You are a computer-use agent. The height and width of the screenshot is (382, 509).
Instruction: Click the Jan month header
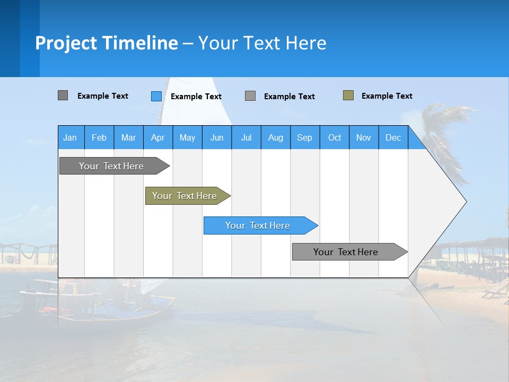pyautogui.click(x=71, y=137)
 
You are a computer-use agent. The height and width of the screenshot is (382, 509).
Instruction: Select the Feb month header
pyautogui.click(x=99, y=137)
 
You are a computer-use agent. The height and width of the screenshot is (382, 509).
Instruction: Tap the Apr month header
pyautogui.click(x=157, y=137)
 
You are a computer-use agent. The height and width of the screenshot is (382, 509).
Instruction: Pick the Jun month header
pyautogui.click(x=217, y=137)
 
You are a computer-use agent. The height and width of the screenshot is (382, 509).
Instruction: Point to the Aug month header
pyautogui.click(x=276, y=137)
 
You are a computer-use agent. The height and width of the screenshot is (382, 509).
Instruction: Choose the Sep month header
pyautogui.click(x=305, y=137)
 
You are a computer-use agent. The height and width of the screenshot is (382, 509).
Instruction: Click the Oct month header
pyautogui.click(x=335, y=137)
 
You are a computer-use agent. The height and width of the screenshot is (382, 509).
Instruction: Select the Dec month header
pyautogui.click(x=393, y=137)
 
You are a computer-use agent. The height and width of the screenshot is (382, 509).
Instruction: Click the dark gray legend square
pyautogui.click(x=63, y=95)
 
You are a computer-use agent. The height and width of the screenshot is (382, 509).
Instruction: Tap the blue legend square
pyautogui.click(x=156, y=96)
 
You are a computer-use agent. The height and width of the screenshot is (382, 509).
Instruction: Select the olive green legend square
pyautogui.click(x=348, y=95)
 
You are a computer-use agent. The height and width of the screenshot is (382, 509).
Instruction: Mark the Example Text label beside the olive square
pyautogui.click(x=387, y=96)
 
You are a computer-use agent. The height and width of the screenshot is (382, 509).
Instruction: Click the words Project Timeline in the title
pyautogui.click(x=107, y=43)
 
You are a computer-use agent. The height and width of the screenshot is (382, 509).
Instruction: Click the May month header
pyautogui.click(x=187, y=137)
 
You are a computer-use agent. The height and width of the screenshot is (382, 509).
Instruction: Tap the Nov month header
pyautogui.click(x=364, y=137)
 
